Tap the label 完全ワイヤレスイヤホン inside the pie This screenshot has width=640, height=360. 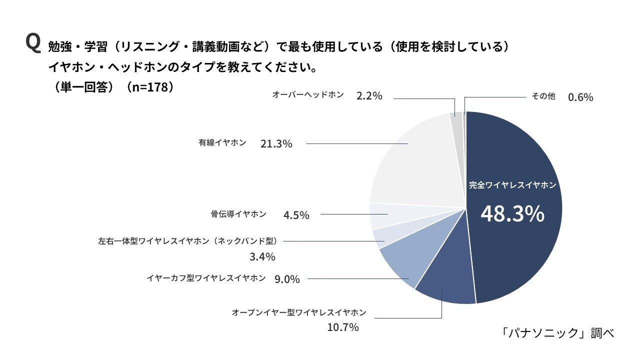[512, 185]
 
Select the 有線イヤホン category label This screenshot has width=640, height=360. [222, 142]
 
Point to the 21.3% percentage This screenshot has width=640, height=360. [276, 144]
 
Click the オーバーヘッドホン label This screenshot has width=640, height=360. [308, 94]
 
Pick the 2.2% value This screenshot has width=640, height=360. [369, 96]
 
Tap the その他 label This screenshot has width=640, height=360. [543, 96]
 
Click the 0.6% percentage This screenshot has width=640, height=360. [580, 97]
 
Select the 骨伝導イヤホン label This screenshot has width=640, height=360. [238, 214]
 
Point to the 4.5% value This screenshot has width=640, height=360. [296, 215]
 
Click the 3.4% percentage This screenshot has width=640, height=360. [262, 257]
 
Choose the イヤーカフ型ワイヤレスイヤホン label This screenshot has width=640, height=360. [206, 278]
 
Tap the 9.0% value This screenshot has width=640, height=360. [287, 279]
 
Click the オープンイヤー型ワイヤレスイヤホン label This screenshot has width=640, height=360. [299, 312]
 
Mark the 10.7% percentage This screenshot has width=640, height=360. [343, 327]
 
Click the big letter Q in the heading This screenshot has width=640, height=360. [32, 43]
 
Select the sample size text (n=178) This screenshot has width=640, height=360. [150, 86]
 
